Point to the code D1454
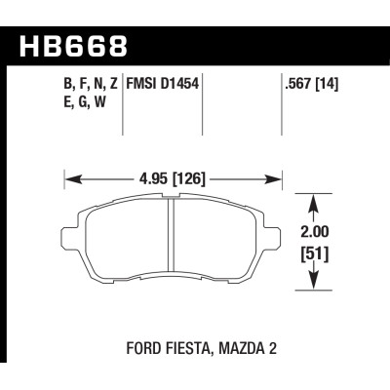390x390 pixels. pos(181,85)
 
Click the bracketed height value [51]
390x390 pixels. pos(313,257)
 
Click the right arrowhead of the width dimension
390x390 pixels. pos(279,178)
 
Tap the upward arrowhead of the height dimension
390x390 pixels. pos(313,202)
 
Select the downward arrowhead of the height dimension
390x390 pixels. pos(313,284)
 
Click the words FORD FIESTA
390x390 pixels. pos(161,345)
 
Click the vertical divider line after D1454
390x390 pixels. pos(203,107)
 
